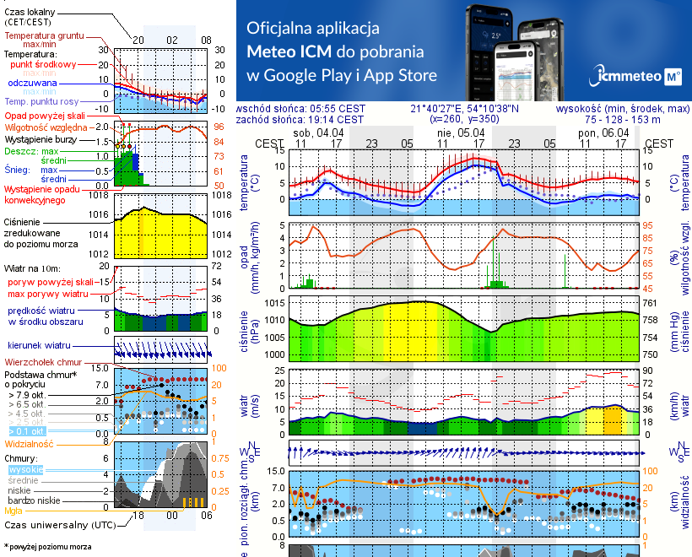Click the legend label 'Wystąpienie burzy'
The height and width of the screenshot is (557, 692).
point(42,137)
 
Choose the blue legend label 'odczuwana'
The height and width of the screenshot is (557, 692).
point(32,84)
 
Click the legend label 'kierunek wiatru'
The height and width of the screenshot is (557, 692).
point(39,346)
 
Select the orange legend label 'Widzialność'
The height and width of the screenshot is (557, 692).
point(30,443)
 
